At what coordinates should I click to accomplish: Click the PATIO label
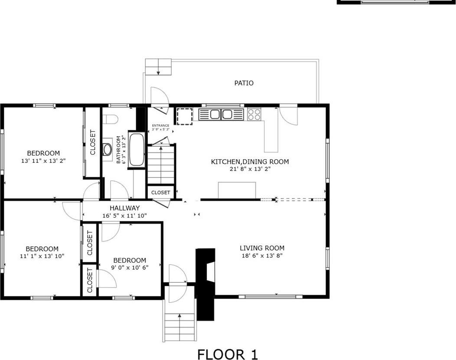[x=244, y=83]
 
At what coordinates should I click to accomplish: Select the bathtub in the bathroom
[x=136, y=150]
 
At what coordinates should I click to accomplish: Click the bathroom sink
[x=107, y=149]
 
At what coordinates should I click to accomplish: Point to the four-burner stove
[x=254, y=115]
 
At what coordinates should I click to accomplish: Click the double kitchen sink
[x=221, y=115]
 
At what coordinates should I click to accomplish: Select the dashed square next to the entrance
[x=184, y=116]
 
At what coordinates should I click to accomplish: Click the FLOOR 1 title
[x=228, y=354]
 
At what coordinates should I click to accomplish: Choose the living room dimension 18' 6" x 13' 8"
[x=262, y=256]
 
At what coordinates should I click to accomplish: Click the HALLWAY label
[x=125, y=208]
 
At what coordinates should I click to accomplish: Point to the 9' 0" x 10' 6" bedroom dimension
[x=130, y=268]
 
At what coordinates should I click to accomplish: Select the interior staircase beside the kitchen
[x=161, y=165]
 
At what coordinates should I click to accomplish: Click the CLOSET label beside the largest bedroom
[x=92, y=142]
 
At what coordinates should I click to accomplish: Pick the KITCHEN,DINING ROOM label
[x=249, y=162]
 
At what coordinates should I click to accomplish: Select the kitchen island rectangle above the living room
[x=236, y=190]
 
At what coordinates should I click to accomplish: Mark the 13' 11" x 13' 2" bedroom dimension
[x=43, y=161]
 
